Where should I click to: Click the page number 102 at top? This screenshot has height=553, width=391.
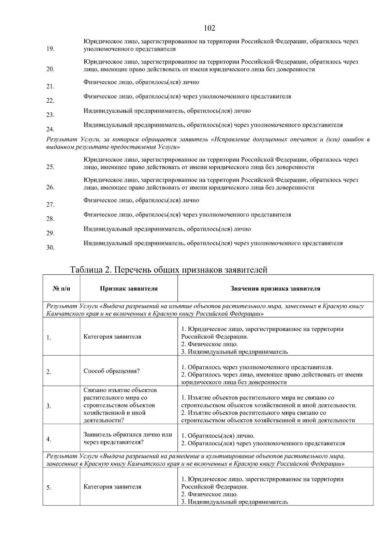[x=209, y=28]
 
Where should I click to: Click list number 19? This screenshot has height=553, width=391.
[x=50, y=49]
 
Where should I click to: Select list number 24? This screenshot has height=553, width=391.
[x=50, y=129]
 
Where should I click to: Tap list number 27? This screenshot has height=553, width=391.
[x=50, y=205]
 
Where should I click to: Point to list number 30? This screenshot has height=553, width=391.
[x=50, y=248]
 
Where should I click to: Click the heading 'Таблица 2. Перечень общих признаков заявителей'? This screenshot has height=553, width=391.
[x=169, y=270]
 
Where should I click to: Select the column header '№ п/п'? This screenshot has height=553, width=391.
[x=61, y=288]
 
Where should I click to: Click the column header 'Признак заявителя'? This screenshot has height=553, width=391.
[x=129, y=288]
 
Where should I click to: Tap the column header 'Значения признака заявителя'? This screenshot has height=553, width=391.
[x=275, y=288]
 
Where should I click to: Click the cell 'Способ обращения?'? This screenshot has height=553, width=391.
[x=112, y=371]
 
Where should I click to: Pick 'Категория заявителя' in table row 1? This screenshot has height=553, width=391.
[x=112, y=337]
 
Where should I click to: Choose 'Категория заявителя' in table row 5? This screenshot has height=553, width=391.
[x=112, y=487]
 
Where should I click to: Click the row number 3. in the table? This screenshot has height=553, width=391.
[x=49, y=406]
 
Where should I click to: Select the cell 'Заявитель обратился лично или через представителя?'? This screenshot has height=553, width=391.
[x=128, y=438]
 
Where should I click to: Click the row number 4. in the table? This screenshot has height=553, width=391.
[x=49, y=439]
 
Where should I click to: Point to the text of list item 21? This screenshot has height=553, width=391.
[x=141, y=82]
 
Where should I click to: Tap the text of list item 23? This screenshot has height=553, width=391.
[x=167, y=111]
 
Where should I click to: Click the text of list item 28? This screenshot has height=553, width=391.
[x=187, y=215]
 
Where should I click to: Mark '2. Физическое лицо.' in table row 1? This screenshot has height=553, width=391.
[x=210, y=344]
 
